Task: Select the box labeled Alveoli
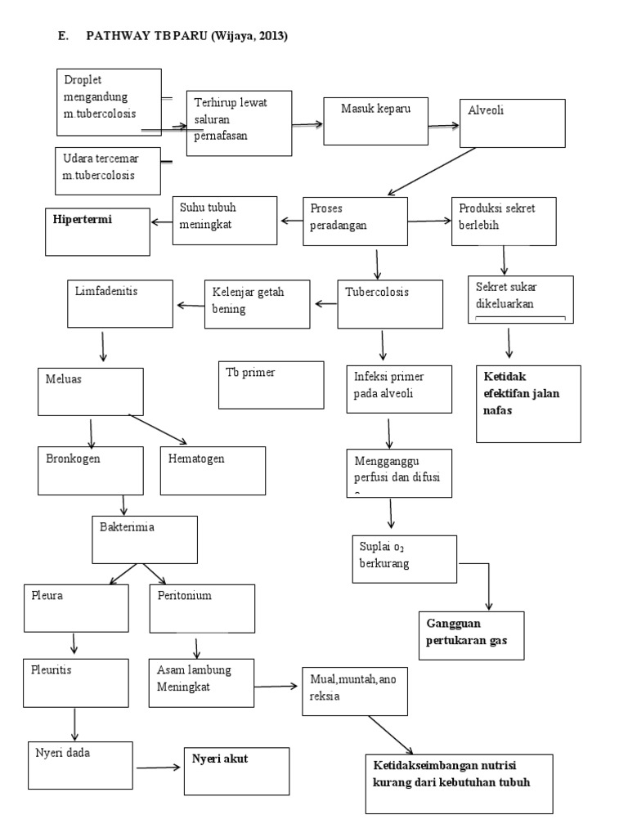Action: tap(512, 123)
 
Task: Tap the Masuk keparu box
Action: tap(375, 123)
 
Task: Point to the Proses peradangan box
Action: tap(355, 220)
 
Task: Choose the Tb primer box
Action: tap(271, 383)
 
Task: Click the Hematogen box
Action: tap(213, 470)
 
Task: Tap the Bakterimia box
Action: tap(145, 539)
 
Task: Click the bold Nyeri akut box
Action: tap(235, 771)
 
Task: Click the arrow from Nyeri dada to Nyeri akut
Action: tap(158, 768)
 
